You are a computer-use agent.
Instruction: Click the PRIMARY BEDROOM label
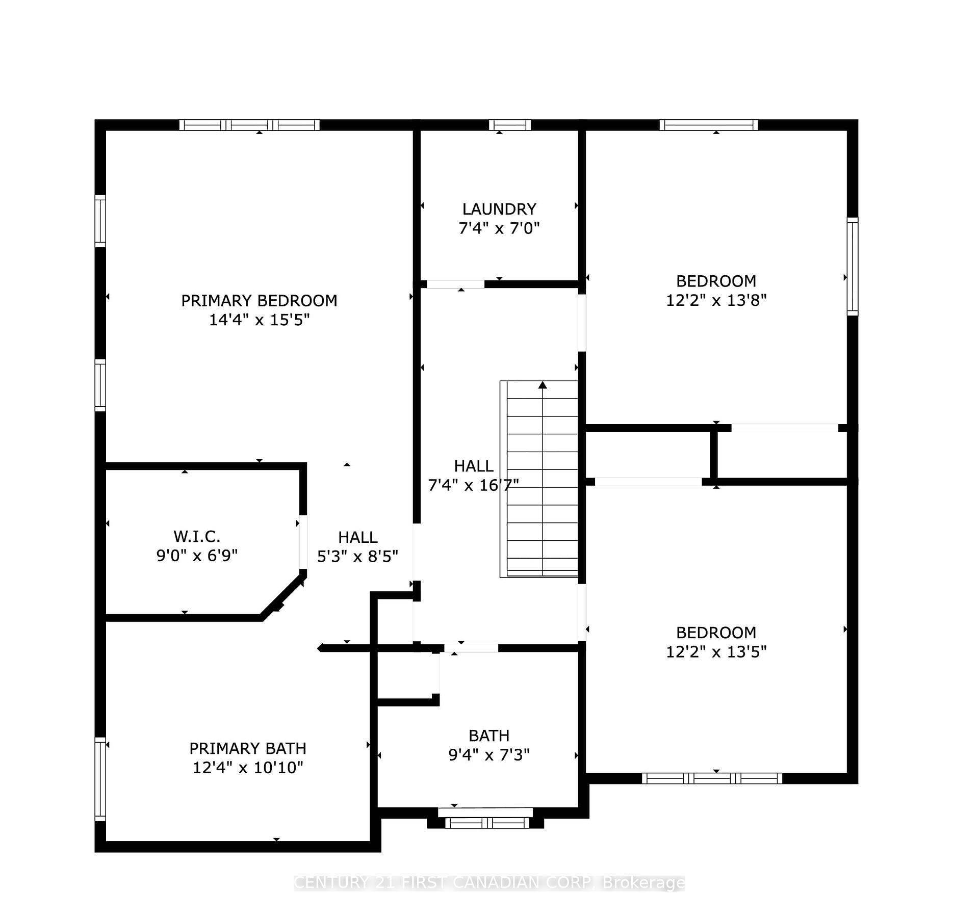click(259, 301)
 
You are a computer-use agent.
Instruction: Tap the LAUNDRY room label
click(499, 209)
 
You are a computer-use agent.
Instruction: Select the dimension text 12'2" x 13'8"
click(716, 300)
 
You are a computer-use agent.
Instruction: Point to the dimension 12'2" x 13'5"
click(716, 651)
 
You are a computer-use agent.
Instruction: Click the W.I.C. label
click(197, 536)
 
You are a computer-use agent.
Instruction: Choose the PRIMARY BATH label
click(248, 748)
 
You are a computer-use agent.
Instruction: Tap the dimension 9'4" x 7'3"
click(489, 755)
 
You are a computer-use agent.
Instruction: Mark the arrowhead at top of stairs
click(543, 385)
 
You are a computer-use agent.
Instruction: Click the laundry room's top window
click(509, 125)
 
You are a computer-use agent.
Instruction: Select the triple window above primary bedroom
click(249, 125)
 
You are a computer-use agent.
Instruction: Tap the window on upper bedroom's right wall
click(852, 266)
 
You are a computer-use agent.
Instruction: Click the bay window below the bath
click(487, 822)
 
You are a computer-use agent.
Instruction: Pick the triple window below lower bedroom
click(712, 778)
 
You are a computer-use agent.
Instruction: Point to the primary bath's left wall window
click(100, 779)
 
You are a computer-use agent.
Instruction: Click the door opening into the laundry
click(455, 284)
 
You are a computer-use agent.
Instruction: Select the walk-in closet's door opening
click(303, 542)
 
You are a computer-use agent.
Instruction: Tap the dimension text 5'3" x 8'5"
click(357, 556)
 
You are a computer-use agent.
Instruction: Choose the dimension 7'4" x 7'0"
click(499, 228)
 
